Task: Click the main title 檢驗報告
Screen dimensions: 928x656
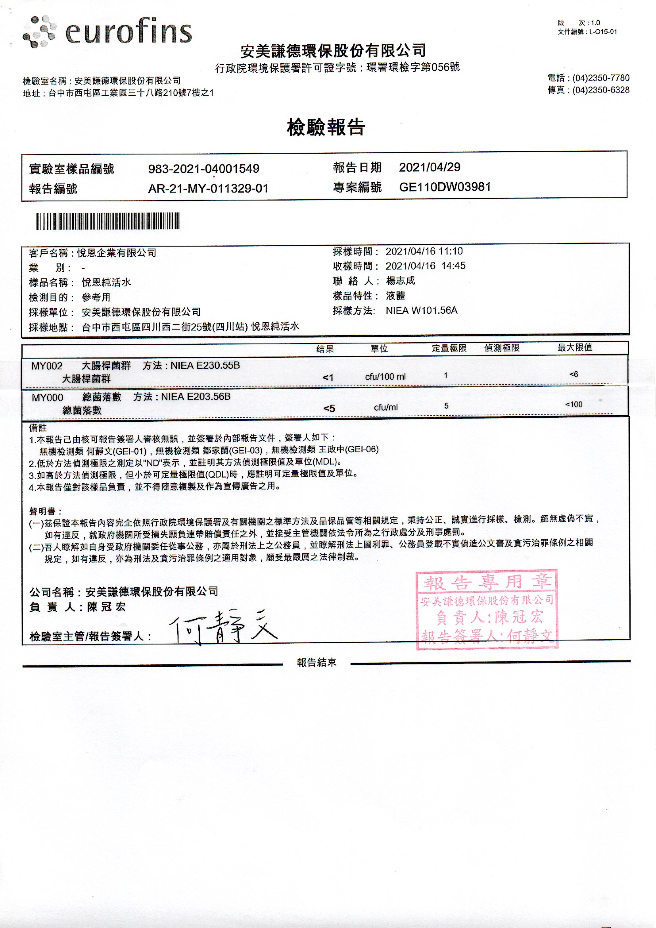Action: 326,127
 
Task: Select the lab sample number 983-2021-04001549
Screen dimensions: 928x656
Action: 203,169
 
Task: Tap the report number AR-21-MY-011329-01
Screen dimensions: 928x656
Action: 208,189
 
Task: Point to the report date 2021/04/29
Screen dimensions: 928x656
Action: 430,167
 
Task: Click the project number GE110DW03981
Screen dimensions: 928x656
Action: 445,187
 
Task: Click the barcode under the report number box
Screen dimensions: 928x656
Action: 108,221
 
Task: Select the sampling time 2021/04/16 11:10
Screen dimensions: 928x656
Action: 424,251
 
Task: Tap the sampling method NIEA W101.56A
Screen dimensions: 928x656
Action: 421,311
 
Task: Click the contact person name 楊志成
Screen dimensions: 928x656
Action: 400,281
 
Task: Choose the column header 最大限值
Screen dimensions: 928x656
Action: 574,347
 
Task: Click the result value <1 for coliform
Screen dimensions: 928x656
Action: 328,378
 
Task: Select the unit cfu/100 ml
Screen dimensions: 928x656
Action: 385,377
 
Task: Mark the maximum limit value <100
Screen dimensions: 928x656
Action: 574,404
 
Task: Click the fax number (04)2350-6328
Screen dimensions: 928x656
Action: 600,90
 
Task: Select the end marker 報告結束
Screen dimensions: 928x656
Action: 316,662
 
